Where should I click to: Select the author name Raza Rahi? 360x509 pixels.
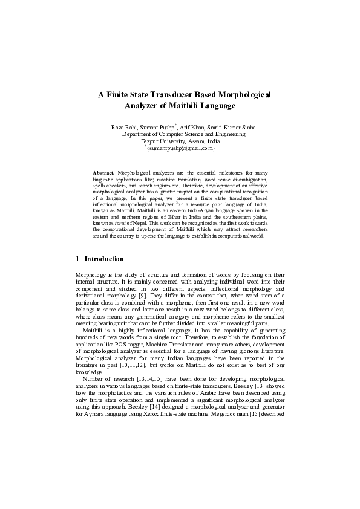pyautogui.click(x=123, y=127)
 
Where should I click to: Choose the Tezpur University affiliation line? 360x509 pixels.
pyautogui.click(x=180, y=140)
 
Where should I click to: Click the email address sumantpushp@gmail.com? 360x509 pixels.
pyautogui.click(x=181, y=148)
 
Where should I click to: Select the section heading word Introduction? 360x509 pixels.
pyautogui.click(x=104, y=259)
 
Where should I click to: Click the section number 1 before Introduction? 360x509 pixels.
pyautogui.click(x=77, y=259)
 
